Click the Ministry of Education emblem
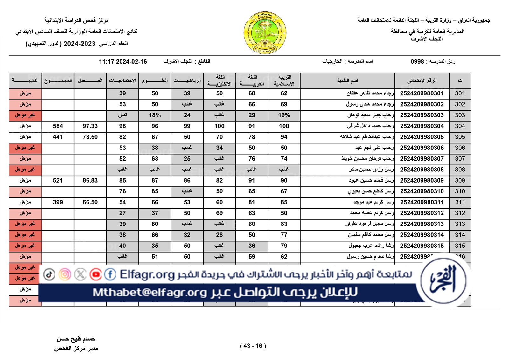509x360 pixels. tap(265, 33)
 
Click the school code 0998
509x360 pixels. tap(417, 61)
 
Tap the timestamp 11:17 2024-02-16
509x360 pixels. tap(123, 62)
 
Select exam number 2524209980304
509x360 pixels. tap(422, 126)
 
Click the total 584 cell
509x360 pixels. tap(58, 126)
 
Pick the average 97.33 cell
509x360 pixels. tap(90, 126)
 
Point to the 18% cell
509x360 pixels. tap(155, 115)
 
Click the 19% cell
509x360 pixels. tap(284, 115)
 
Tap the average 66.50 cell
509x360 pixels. tap(90, 202)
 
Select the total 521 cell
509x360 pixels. tap(58, 180)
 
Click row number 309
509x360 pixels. tap(460, 180)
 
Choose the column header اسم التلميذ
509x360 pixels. tap(347, 81)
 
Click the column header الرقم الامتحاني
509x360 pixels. tap(422, 81)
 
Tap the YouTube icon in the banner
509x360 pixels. tap(95, 274)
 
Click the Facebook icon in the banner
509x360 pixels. tap(110, 274)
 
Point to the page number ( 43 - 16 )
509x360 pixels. tap(253, 346)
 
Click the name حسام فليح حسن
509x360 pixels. tap(76, 339)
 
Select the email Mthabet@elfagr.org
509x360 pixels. tap(150, 292)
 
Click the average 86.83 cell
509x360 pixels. tap(90, 180)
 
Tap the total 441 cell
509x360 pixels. tap(58, 137)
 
